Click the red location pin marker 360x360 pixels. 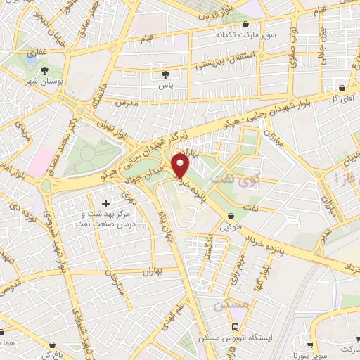pos(182,165)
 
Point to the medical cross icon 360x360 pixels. pos(106,203)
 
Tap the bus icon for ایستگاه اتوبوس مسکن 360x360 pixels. pos(235,328)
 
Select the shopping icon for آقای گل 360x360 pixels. pos(342,89)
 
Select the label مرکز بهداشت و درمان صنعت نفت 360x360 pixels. pos(107,219)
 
